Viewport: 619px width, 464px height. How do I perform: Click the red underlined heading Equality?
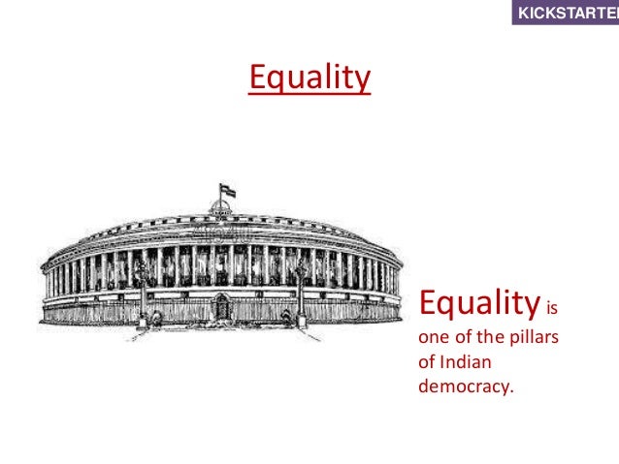click(x=309, y=77)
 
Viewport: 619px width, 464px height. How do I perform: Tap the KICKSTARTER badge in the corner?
click(x=566, y=14)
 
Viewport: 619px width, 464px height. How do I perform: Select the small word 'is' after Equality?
click(x=555, y=313)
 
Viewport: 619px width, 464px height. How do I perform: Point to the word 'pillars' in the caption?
click(x=540, y=339)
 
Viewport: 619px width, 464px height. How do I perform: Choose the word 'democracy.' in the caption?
click(x=466, y=387)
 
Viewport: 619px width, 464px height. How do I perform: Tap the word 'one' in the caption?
click(x=432, y=339)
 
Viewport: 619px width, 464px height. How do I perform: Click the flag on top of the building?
click(x=227, y=189)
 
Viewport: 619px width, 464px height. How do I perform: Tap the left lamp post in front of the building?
click(x=143, y=291)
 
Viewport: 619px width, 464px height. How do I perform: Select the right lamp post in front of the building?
click(x=302, y=291)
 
